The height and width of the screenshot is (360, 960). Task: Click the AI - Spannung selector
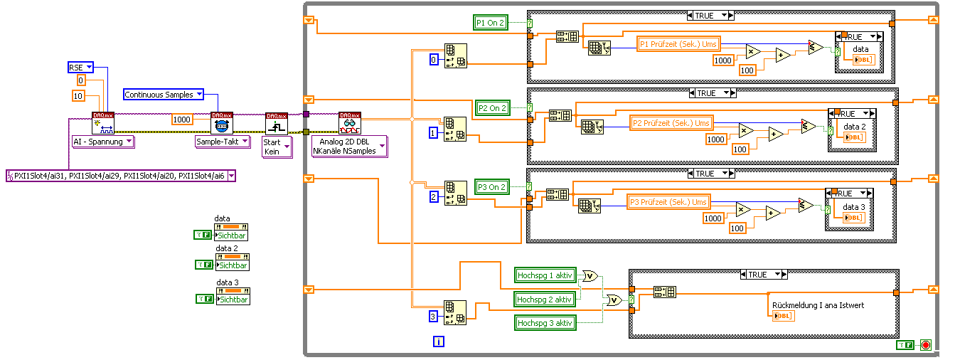pos(103,142)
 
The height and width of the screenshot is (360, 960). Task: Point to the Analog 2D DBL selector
pos(349,147)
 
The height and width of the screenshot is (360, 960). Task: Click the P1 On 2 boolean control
pos(491,23)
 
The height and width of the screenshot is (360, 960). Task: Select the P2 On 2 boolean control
pos(492,108)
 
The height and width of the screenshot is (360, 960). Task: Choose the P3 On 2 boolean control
pos(492,187)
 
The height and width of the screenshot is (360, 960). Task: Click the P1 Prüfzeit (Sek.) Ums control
pos(678,44)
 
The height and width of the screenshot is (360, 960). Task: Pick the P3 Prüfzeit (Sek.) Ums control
pos(668,202)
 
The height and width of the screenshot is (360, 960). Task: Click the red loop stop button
pos(925,345)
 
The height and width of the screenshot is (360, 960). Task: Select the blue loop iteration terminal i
pos(439,342)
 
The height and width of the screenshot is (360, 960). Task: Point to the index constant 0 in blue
pos(434,60)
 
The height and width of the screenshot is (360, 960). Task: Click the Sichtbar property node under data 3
pos(234,300)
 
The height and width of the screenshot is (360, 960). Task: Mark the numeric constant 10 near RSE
pos(79,96)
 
